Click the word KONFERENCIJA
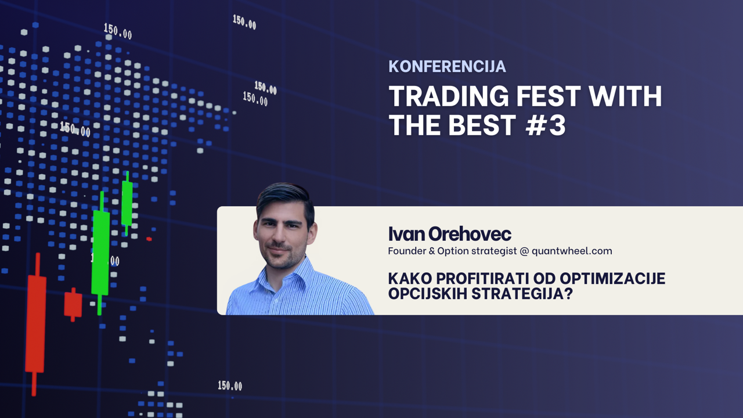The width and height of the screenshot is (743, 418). [x=447, y=66]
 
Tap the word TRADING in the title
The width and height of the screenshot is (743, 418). [x=449, y=96]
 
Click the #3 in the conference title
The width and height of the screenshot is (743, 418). [x=546, y=125]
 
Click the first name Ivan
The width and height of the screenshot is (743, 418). [x=407, y=234]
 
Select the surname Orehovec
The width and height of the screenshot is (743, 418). [x=470, y=234]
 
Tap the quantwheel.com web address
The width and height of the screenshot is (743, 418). [x=572, y=251]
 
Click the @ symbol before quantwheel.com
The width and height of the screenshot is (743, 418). [x=524, y=251]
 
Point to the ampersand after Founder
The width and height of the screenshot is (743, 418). [x=431, y=251]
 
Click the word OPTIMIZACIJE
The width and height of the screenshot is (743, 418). [x=612, y=279]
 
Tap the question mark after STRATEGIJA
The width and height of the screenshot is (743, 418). [x=569, y=294]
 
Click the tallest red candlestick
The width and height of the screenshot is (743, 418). [x=36, y=325]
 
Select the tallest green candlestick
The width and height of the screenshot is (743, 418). [x=100, y=253]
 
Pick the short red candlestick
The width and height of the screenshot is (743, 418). [x=73, y=305]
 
